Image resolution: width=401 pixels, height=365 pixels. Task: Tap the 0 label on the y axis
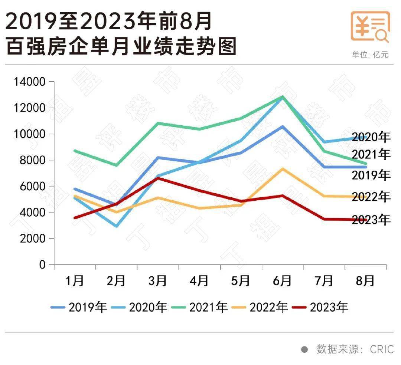[x=42, y=265]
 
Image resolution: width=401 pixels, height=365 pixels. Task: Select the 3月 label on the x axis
[x=157, y=281]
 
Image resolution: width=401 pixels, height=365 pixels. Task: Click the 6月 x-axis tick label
[x=282, y=281]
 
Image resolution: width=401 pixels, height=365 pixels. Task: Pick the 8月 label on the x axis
[x=365, y=281]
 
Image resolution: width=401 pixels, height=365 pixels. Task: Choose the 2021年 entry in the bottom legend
[x=199, y=308]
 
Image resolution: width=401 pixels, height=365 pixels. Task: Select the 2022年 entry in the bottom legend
[x=260, y=308]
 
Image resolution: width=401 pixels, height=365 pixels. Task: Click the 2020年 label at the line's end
[x=371, y=137]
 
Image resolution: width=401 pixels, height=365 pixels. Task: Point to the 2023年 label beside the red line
[x=371, y=220]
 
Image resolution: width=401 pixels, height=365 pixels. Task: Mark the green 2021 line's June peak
[x=283, y=97]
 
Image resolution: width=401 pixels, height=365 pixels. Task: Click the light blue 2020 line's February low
[x=117, y=226]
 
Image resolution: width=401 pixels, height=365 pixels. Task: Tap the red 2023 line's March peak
[x=158, y=178]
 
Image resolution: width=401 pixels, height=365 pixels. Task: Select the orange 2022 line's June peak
[x=283, y=169]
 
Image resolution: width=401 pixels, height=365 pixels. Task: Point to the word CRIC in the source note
[x=381, y=349]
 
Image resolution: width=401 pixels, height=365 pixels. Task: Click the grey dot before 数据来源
[x=304, y=349]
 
